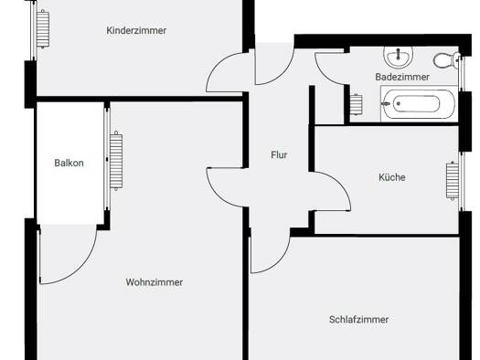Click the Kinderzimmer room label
(136, 30)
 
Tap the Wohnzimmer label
(155, 282)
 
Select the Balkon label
(69, 163)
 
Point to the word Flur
(279, 155)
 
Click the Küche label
(392, 177)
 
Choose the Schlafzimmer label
(358, 320)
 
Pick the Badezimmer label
(402, 77)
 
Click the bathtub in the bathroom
(419, 103)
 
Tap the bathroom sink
(398, 57)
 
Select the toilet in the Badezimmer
(446, 60)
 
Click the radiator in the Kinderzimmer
(43, 28)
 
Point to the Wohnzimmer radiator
(116, 161)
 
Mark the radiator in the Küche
(453, 181)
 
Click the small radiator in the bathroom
(356, 104)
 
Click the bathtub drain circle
(399, 103)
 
